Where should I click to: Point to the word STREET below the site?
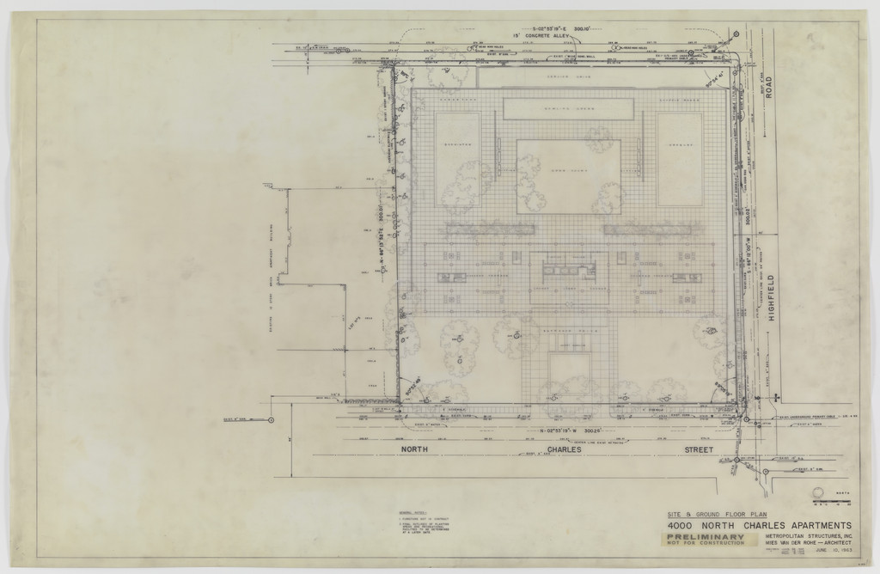tap(699, 449)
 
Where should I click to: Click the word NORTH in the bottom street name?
tap(415, 449)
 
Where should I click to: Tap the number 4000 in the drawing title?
tap(683, 525)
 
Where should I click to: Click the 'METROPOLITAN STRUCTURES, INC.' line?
tap(807, 536)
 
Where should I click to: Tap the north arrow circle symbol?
tap(819, 492)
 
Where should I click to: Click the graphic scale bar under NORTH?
tap(827, 501)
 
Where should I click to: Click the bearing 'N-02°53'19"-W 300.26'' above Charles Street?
tap(569, 429)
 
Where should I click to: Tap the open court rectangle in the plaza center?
tap(568, 175)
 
